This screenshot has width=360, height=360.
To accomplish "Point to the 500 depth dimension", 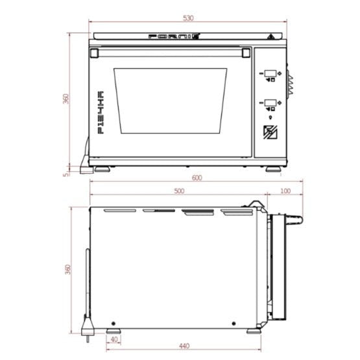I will pyautogui.click(x=179, y=191).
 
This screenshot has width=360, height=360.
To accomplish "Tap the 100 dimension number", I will pyautogui.click(x=285, y=191).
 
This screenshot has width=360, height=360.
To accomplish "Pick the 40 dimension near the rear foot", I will pyautogui.click(x=115, y=339).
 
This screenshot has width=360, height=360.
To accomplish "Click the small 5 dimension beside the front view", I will pyautogui.click(x=66, y=173).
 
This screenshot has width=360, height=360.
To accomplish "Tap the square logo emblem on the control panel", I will pyautogui.click(x=270, y=132).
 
